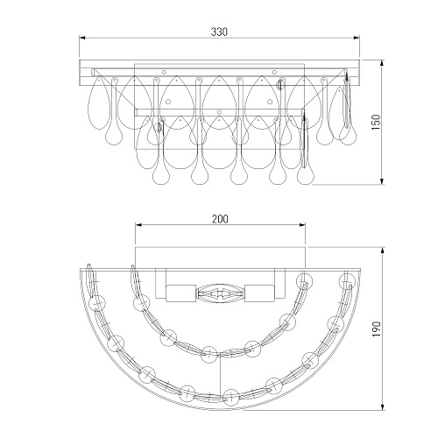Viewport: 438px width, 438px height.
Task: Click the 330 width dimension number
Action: pos(219,32)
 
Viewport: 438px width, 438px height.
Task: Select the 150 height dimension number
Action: pos(377,123)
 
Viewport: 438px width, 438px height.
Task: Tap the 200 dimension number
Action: pos(220,219)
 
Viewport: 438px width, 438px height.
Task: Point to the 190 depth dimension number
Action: pos(377,329)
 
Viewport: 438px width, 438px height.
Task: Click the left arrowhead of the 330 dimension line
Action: pos(82,38)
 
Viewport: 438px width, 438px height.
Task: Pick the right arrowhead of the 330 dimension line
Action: pos(357,38)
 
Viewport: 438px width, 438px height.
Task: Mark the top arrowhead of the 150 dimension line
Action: pos(382,63)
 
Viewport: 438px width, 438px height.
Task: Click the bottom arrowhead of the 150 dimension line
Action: pos(382,181)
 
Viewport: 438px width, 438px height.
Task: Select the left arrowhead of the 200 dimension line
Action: pos(138,225)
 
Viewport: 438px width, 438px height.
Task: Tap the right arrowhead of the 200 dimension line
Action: pos(302,225)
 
